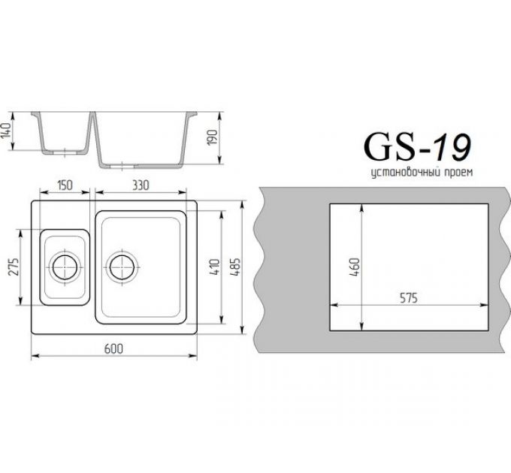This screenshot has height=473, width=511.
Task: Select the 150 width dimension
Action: [x=64, y=185]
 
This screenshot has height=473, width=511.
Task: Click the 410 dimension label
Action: [x=214, y=267]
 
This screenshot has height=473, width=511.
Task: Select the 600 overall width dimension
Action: [x=113, y=348]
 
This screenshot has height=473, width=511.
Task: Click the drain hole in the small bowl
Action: [x=65, y=266]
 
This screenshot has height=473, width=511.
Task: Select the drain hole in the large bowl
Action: [x=122, y=266]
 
